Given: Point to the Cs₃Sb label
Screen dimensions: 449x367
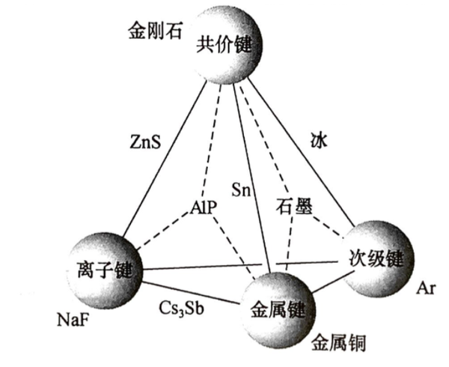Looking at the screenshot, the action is point(180,307).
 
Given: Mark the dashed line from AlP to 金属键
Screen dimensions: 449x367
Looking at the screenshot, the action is point(232,247).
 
